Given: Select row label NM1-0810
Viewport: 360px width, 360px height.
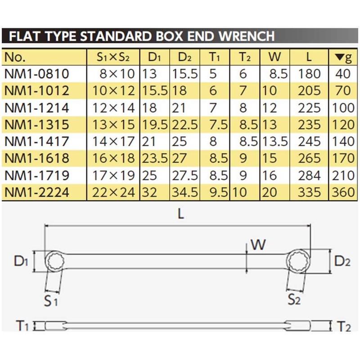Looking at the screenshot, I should [37, 73].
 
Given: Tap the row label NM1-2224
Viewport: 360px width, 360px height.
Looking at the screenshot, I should [37, 192].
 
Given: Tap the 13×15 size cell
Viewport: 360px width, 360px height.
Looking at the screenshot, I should [113, 124].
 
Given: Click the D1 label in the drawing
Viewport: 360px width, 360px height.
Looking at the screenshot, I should [21, 260].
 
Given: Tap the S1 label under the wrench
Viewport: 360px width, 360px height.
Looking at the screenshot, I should [51, 300].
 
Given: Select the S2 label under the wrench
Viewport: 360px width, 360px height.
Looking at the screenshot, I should [294, 299].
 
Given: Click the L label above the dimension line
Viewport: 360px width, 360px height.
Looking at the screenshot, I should [180, 214].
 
